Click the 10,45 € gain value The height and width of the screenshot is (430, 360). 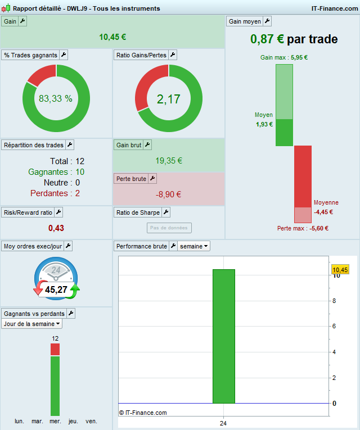click(x=112, y=37)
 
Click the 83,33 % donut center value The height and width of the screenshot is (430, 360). click(x=56, y=98)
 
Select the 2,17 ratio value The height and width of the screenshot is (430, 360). click(x=168, y=99)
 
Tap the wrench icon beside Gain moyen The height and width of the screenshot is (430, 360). click(x=267, y=21)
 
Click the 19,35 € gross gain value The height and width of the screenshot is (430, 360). click(x=169, y=161)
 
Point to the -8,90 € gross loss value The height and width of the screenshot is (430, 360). click(x=169, y=194)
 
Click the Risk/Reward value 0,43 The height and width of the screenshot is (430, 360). click(x=56, y=228)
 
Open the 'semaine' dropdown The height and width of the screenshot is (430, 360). click(x=195, y=246)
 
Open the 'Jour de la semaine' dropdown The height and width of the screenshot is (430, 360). click(x=32, y=324)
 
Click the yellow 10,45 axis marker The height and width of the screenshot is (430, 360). click(x=340, y=270)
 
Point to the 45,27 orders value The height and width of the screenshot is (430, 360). click(x=56, y=290)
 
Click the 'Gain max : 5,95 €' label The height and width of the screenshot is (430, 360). click(x=284, y=57)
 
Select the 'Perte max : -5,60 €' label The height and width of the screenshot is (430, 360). click(x=303, y=228)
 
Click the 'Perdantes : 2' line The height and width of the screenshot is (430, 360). click(x=56, y=193)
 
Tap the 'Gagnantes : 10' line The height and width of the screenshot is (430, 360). click(x=56, y=172)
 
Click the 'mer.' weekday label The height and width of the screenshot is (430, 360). click(x=55, y=421)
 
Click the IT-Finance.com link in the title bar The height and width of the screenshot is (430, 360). click(x=334, y=8)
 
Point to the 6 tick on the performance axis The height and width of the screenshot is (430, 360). click(x=334, y=327)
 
